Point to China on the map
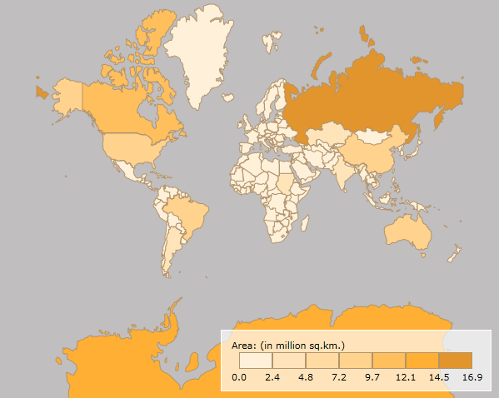pyautogui.click(x=367, y=150)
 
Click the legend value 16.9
pyautogui.click(x=472, y=377)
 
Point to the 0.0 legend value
pyautogui.click(x=239, y=377)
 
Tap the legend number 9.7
pyautogui.click(x=372, y=377)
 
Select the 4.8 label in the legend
pyautogui.click(x=306, y=377)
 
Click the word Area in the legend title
pyautogui.click(x=242, y=344)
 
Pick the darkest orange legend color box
pyautogui.click(x=456, y=360)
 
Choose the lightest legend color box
pyautogui.click(x=256, y=360)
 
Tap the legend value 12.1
pyautogui.click(x=406, y=377)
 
